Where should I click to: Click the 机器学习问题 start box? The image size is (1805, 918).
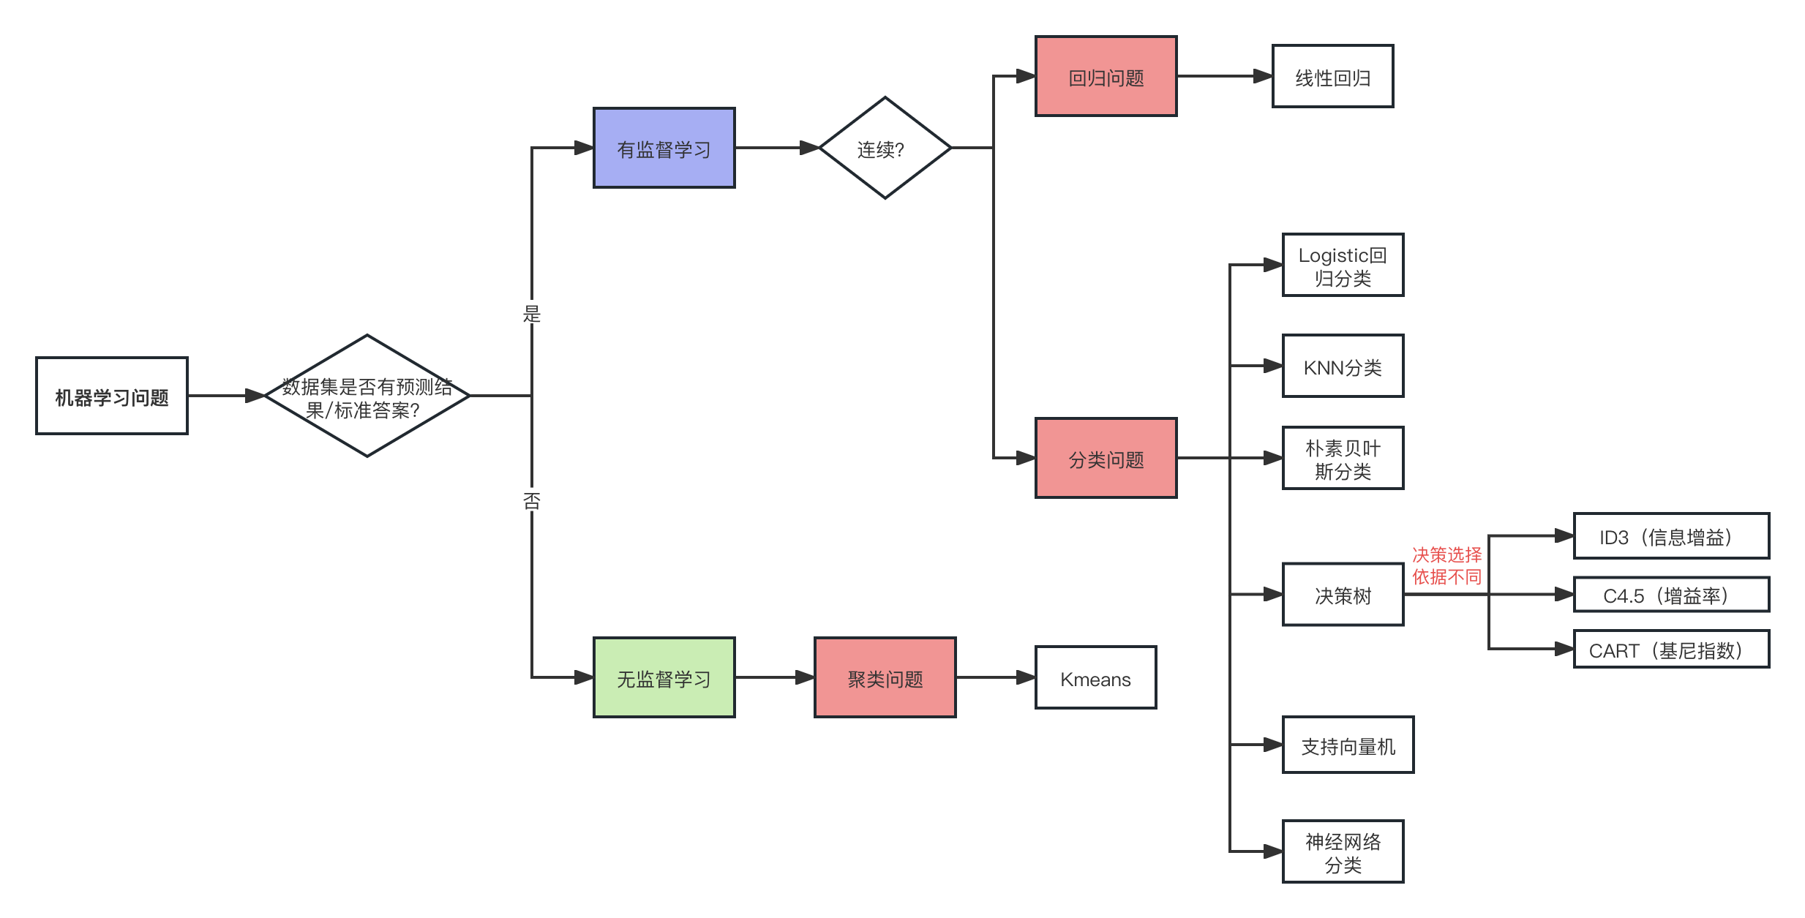click(112, 396)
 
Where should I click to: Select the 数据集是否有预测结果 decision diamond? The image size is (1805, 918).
click(367, 396)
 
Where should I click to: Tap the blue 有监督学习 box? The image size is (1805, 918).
click(664, 148)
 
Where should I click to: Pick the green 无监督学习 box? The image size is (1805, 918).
click(664, 678)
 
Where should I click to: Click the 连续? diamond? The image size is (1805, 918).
click(885, 148)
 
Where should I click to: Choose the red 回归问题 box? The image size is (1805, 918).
click(1106, 77)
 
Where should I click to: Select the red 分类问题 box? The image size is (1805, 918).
click(1106, 459)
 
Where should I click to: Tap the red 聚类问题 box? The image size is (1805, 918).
click(885, 678)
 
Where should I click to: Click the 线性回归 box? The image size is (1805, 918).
click(1332, 77)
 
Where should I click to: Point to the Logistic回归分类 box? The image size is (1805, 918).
click(1343, 266)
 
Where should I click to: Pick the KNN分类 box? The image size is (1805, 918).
click(1343, 366)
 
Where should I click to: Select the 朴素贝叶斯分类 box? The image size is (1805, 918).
click(1343, 459)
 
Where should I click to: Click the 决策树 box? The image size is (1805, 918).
click(1343, 595)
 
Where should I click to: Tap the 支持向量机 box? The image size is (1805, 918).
click(1348, 745)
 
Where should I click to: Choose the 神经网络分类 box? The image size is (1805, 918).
click(1343, 852)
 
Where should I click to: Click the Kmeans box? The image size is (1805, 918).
click(1095, 678)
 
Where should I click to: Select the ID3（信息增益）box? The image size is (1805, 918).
click(1671, 537)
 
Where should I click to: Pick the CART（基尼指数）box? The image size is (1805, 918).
click(1671, 650)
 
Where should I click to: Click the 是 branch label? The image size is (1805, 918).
click(532, 312)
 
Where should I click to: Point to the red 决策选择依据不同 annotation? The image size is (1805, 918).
click(1446, 566)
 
